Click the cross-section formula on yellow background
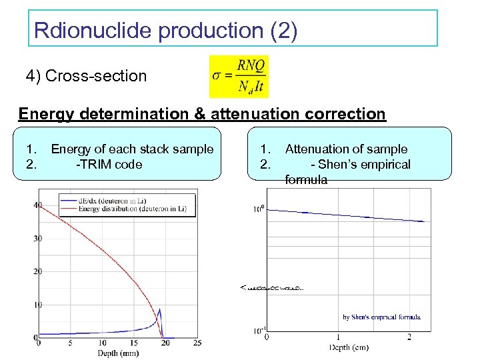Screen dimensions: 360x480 coord(238,76)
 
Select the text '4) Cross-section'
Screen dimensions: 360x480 coord(86,76)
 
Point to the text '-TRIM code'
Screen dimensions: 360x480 coord(109,164)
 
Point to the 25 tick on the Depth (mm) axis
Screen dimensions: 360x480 coord(197,343)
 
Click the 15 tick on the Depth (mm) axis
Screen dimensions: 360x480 coord(133,343)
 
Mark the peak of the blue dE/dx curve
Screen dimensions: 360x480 coord(159,309)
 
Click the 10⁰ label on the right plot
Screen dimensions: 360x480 coord(258,209)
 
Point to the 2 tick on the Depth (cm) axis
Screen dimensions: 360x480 coord(409,337)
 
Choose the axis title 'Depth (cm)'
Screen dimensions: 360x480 coord(347,347)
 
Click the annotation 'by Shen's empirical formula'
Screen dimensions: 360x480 coord(381,317)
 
